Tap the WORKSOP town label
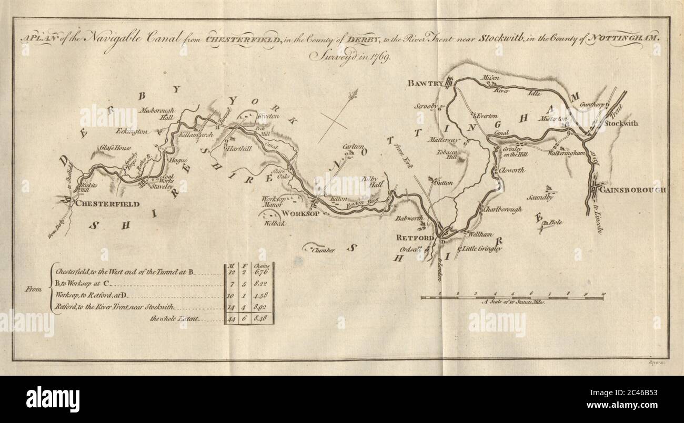point(298,214)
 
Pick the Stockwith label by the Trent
point(621,123)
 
